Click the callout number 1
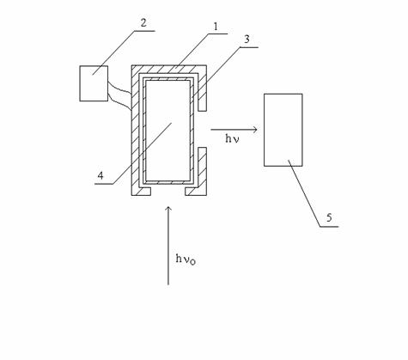click(216, 27)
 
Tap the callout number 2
click(143, 22)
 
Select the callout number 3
click(247, 40)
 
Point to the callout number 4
click(100, 175)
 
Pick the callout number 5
click(329, 217)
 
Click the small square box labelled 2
click(94, 83)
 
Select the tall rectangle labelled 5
click(283, 130)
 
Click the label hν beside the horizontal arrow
click(232, 139)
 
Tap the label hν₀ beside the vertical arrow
click(186, 259)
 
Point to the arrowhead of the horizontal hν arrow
click(255, 130)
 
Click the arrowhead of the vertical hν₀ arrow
click(168, 209)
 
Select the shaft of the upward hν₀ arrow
click(168, 246)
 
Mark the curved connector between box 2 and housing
click(119, 96)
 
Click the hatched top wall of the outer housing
click(169, 70)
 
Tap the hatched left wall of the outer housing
click(135, 131)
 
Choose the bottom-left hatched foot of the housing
click(141, 192)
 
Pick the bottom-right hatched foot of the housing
click(196, 192)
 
